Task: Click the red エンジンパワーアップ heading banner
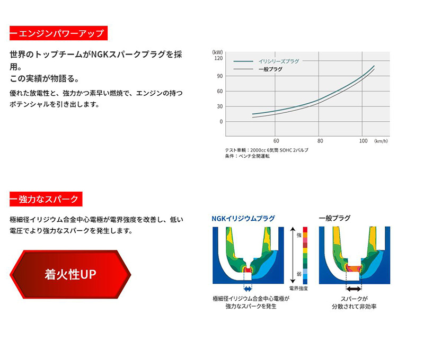click(58, 33)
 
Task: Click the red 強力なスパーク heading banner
click(46, 199)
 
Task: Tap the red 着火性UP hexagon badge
click(70, 275)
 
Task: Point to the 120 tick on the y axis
click(218, 58)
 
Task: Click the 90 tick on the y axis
click(219, 76)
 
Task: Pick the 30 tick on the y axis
click(219, 106)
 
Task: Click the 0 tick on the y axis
click(221, 121)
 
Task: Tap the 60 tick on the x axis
click(276, 141)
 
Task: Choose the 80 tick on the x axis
click(320, 141)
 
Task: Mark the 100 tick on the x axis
click(363, 141)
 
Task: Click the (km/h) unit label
click(381, 141)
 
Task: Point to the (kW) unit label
click(217, 52)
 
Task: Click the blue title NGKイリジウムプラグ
click(243, 218)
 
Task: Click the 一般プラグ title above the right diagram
click(334, 218)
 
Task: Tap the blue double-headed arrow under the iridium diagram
click(248, 289)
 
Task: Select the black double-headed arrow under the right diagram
click(354, 289)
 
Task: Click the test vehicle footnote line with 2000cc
click(266, 150)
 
